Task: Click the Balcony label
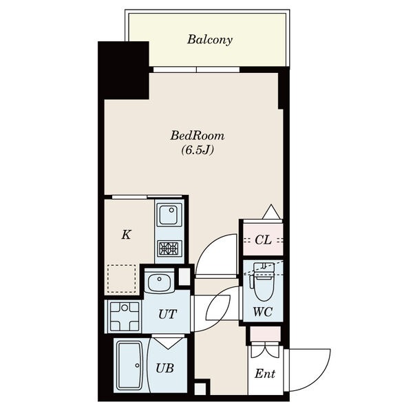click(210, 40)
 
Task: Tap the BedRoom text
click(198, 136)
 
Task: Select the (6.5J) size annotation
click(198, 150)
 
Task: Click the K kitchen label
click(127, 235)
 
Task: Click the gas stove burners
click(169, 248)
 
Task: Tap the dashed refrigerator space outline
click(122, 279)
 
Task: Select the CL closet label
click(263, 240)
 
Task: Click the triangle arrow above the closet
click(271, 211)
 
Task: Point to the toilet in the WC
click(264, 282)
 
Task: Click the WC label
click(263, 312)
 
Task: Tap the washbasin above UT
click(160, 282)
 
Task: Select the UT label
click(167, 314)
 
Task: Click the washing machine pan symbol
click(125, 316)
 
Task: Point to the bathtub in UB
click(129, 366)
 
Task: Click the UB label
click(165, 368)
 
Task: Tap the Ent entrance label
click(265, 374)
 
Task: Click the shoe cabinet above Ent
click(265, 334)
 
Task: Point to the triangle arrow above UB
click(168, 342)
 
